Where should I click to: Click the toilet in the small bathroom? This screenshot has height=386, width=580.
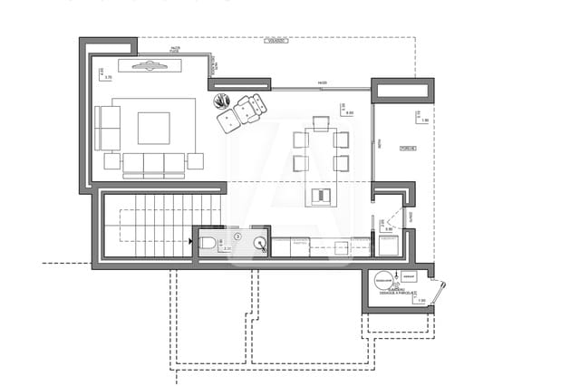(x=208, y=242)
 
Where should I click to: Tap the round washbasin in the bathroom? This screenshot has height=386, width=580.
(x=260, y=242)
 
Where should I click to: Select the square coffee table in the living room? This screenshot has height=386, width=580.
(x=153, y=128)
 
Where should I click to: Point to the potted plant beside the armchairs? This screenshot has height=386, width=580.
(x=223, y=101)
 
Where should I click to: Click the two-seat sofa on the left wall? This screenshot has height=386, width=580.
(x=107, y=128)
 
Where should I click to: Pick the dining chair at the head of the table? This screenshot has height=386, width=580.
(x=321, y=122)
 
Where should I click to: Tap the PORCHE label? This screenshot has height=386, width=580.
(x=407, y=148)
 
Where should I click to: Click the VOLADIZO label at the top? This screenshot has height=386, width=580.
(x=276, y=41)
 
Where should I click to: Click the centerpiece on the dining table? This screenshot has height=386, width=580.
(x=321, y=194)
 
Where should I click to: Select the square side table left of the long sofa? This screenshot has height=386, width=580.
(x=111, y=161)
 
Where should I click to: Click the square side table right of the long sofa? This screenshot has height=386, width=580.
(x=195, y=161)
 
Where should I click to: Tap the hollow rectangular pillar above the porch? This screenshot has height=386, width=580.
(x=402, y=90)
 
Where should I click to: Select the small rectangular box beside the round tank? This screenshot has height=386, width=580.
(x=410, y=276)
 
